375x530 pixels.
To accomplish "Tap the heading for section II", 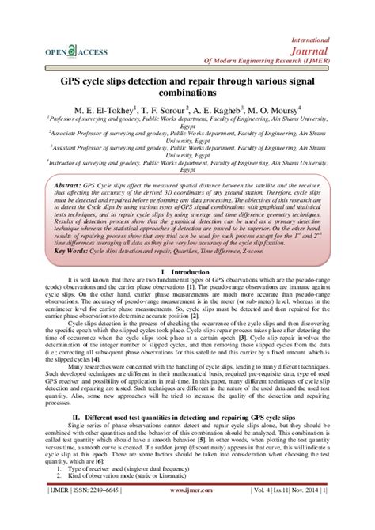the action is (188, 417).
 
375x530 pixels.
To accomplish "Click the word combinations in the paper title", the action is (188, 93).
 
